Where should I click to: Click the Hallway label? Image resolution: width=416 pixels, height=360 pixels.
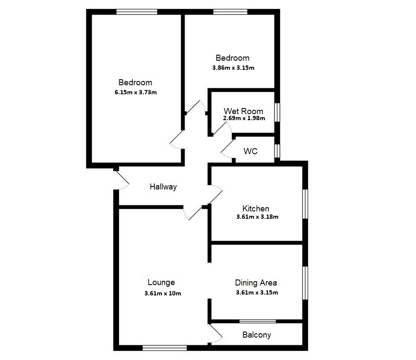click(163, 187)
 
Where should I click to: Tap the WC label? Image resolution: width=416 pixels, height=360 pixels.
click(250, 152)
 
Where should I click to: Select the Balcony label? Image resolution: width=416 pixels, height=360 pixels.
click(256, 335)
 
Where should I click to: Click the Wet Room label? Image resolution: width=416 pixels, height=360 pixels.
click(243, 111)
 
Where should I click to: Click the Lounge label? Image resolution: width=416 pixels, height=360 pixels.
click(161, 282)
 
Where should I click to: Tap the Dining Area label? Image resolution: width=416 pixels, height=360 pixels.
click(256, 283)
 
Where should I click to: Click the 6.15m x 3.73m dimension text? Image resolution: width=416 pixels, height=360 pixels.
click(135, 92)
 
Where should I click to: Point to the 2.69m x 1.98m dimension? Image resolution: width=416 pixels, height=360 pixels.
click(244, 118)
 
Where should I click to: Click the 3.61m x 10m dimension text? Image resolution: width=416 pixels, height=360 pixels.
click(163, 294)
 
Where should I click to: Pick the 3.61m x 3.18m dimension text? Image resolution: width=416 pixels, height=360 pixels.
click(257, 217)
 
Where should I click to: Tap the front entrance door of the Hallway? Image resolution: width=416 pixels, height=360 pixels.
click(122, 180)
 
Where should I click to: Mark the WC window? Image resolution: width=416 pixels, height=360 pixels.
click(277, 151)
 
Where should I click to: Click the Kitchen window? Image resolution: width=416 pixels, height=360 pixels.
click(305, 204)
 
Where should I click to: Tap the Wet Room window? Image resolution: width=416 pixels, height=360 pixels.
click(277, 112)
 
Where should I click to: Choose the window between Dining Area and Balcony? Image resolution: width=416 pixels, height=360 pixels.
click(258, 321)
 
